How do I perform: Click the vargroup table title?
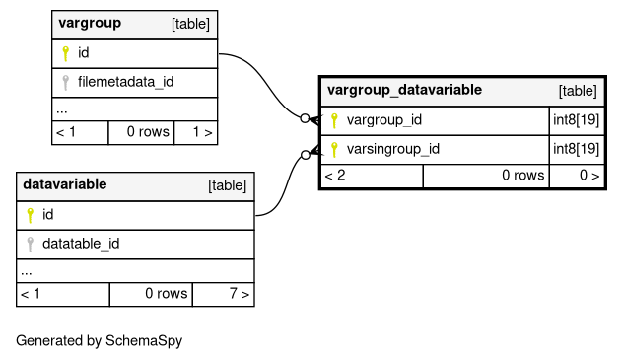(90, 24)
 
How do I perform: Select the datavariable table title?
(65, 184)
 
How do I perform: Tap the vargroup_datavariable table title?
(404, 90)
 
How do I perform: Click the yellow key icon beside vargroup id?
(66, 53)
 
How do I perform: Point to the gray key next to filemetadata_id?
(66, 82)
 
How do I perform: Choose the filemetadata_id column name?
(125, 82)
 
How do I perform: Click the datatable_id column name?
(81, 244)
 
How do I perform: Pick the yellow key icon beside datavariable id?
(31, 215)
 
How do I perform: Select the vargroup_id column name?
(384, 120)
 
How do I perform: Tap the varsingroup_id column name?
(393, 149)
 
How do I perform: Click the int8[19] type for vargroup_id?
(576, 120)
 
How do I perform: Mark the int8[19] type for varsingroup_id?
(576, 149)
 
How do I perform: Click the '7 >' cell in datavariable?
(224, 294)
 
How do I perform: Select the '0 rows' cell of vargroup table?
(141, 132)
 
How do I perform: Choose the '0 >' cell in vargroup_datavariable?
(577, 176)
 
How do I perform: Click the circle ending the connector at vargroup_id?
(305, 118)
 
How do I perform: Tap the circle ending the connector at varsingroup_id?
(306, 155)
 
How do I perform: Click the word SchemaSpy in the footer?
(144, 341)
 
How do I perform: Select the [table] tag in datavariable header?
(228, 185)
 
